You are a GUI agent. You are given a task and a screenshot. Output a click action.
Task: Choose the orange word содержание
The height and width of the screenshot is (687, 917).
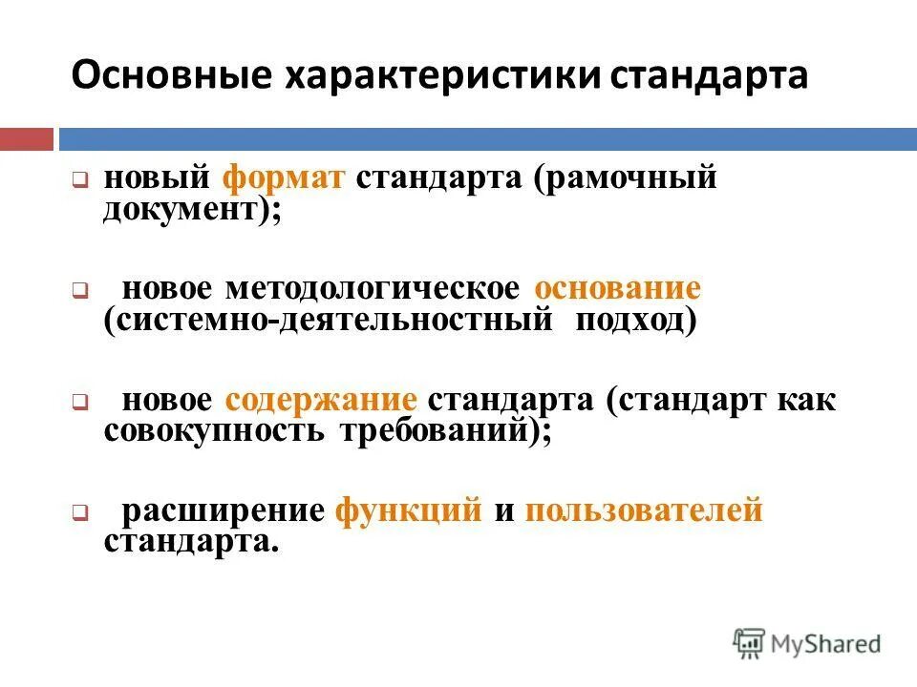(322, 400)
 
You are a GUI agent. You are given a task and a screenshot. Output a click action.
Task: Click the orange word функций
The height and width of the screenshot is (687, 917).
(409, 510)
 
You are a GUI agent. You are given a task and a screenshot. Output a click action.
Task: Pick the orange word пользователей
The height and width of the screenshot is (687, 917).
(644, 510)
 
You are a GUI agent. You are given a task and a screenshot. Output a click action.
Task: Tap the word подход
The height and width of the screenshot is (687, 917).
(635, 321)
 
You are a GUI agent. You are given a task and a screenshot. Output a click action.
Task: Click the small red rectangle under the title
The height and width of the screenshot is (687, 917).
(27, 139)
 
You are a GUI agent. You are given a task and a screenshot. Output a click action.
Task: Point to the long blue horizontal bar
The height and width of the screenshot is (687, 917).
(487, 139)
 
